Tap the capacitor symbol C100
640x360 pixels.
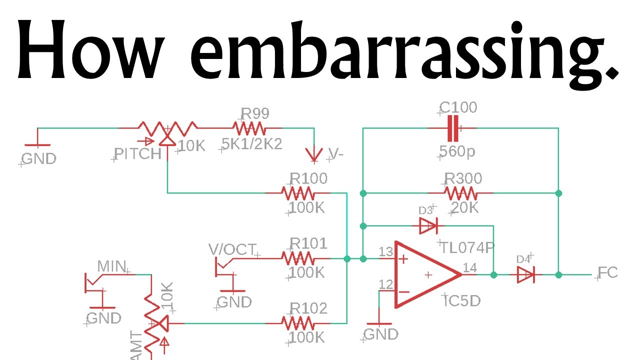[x=452, y=128]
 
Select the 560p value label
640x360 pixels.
[x=457, y=151]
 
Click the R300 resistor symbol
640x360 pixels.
[x=460, y=193]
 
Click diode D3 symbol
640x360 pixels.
[x=428, y=226]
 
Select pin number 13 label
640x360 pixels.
[x=386, y=251]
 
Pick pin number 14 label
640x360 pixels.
[x=469, y=267]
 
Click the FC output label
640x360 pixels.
[x=608, y=273]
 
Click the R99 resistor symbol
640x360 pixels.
[x=248, y=129]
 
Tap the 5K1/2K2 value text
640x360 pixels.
[x=252, y=144]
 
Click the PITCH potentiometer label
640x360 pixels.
[x=137, y=154]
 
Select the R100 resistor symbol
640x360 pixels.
[x=297, y=193]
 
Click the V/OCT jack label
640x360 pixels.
[x=231, y=249]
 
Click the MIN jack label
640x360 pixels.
[x=111, y=266]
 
